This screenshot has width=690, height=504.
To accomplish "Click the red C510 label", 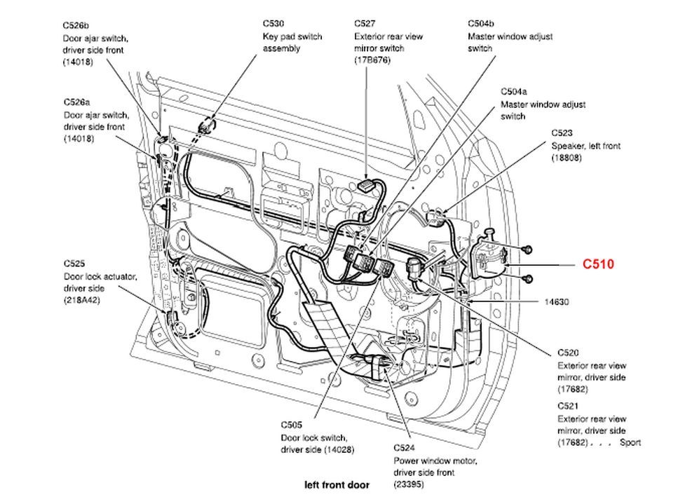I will [598, 264].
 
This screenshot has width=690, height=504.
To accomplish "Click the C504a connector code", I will [513, 92].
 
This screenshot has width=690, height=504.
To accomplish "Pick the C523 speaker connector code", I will [562, 133].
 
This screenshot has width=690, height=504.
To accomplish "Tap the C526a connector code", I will [76, 103].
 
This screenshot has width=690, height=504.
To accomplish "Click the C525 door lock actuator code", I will [74, 264].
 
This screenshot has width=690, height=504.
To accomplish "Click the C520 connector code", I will [569, 353].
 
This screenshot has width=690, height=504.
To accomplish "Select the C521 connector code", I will [569, 407].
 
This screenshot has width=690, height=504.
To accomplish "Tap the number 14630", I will [557, 302].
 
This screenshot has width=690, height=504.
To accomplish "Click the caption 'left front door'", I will [337, 485].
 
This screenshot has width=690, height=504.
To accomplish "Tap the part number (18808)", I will [567, 158].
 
